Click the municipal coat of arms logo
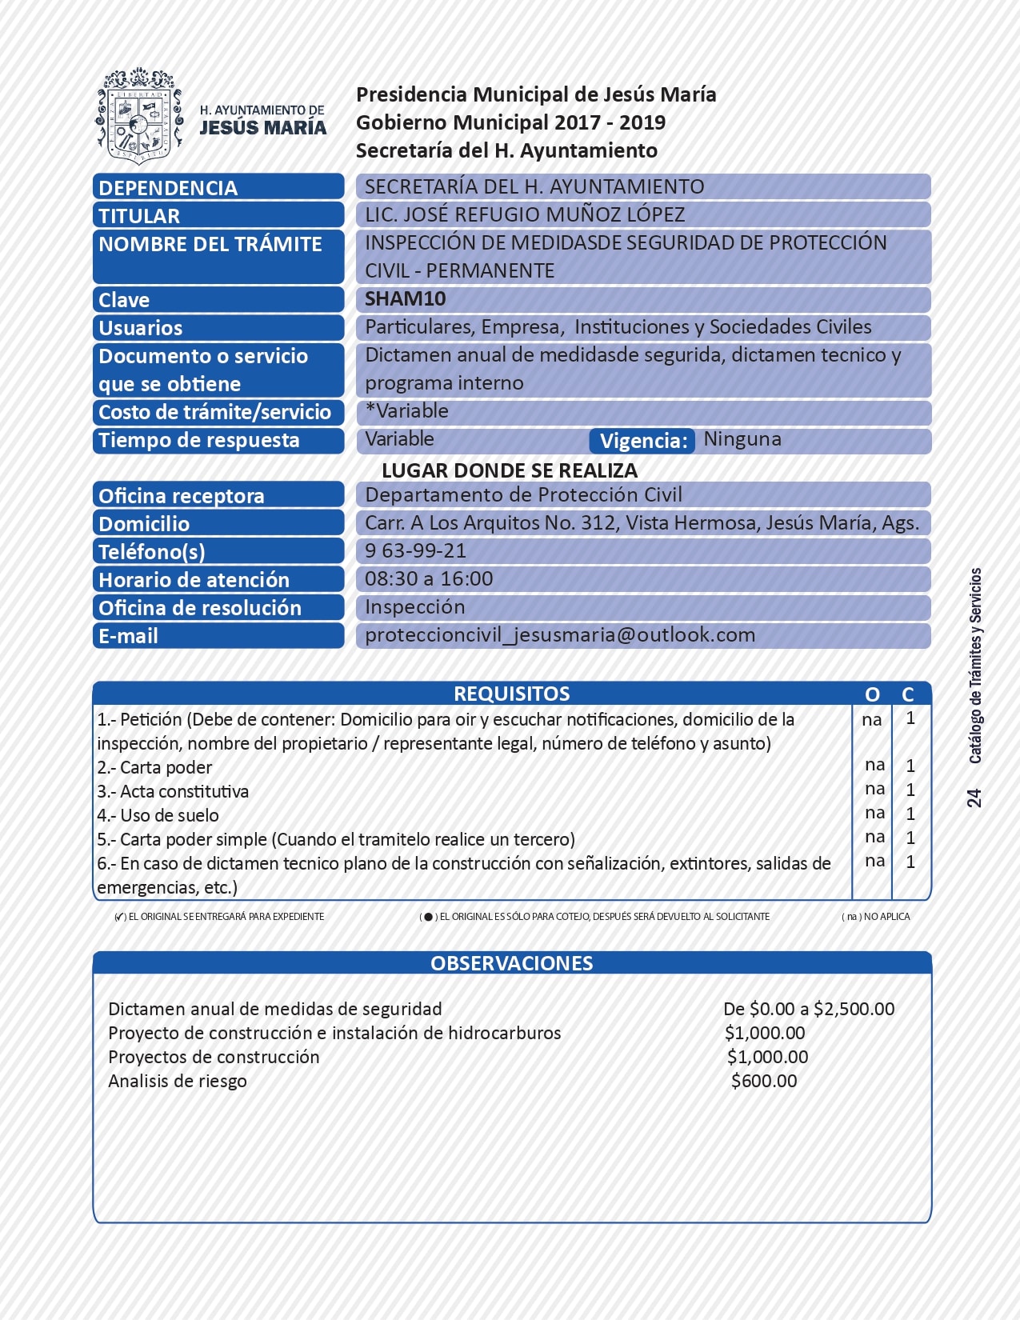(139, 115)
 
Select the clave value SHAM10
(405, 299)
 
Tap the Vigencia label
(643, 441)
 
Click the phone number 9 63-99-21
(415, 551)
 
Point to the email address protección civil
(560, 635)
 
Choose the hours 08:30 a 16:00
(429, 579)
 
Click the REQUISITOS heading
(512, 694)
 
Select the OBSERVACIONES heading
(512, 963)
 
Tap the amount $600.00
(764, 1081)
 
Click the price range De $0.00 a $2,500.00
(809, 1009)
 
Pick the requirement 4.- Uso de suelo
(158, 815)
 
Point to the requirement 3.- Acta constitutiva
(173, 791)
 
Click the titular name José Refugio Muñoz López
(525, 215)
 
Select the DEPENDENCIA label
(168, 188)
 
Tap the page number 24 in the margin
(974, 798)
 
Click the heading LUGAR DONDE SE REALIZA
(510, 470)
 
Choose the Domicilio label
(144, 524)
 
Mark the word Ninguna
(742, 439)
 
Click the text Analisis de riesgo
(178, 1081)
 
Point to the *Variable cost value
(406, 411)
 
